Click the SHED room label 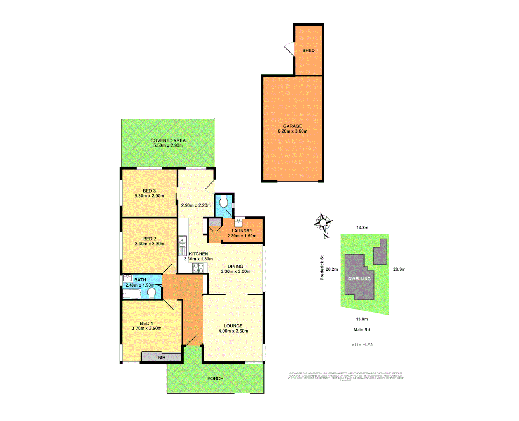tap(308, 50)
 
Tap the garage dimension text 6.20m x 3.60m tap(292, 131)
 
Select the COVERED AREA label tap(168, 140)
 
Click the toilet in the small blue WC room tap(224, 202)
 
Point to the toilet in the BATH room tap(152, 292)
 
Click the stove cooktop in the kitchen tap(198, 267)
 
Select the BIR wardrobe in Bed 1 tap(161, 357)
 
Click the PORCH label tap(215, 379)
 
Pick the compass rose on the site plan tap(323, 223)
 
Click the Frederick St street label tap(322, 267)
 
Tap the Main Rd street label tap(361, 330)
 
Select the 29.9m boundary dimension tap(399, 269)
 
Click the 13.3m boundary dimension tap(362, 228)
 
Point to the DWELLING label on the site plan tap(359, 279)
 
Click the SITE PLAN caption tap(362, 345)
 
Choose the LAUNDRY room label tap(242, 231)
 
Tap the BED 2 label tap(149, 239)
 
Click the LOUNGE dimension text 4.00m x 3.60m tap(233, 331)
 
